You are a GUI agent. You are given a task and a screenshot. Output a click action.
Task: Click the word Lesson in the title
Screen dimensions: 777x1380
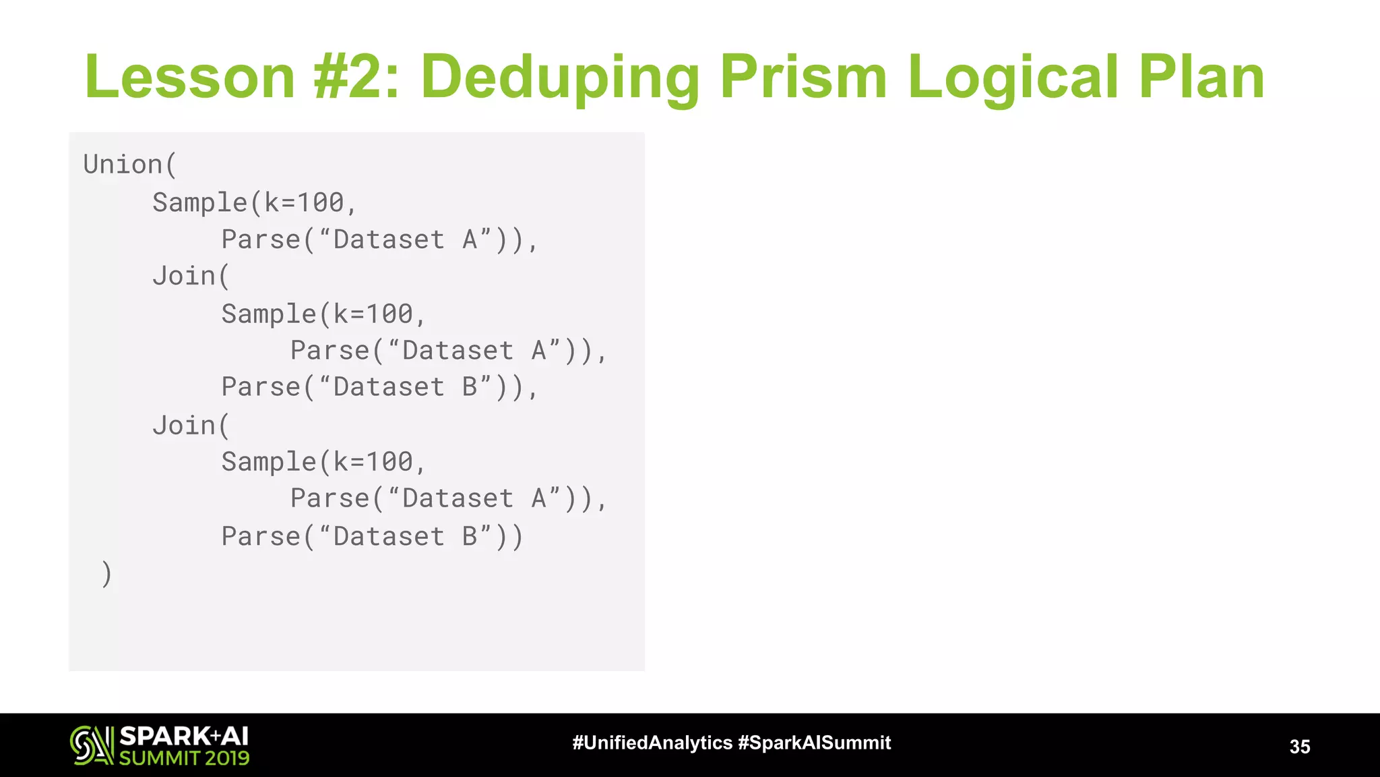tap(190, 77)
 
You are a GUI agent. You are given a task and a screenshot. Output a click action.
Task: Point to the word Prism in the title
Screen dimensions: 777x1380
tap(803, 77)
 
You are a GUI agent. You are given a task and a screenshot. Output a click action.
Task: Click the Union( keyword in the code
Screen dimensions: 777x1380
tap(130, 165)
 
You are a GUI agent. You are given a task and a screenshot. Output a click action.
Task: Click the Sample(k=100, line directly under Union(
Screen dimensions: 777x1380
tap(254, 202)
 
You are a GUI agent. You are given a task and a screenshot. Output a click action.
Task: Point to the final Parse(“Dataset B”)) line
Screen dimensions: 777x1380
tap(372, 537)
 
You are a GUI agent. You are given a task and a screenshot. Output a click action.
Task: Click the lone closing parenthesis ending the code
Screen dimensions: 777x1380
tap(106, 574)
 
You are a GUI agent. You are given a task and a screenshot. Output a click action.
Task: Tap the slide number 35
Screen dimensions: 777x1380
tap(1299, 747)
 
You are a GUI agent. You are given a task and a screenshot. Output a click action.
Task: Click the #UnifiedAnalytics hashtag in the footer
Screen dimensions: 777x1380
tap(652, 743)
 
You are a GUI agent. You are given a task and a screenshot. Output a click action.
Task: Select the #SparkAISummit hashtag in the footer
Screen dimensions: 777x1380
tap(814, 743)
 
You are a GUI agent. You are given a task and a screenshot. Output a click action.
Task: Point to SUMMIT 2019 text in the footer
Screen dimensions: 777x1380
tap(184, 758)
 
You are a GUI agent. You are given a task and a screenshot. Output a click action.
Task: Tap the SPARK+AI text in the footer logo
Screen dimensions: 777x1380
tap(184, 736)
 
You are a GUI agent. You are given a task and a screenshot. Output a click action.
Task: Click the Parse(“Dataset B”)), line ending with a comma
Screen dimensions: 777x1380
tap(379, 387)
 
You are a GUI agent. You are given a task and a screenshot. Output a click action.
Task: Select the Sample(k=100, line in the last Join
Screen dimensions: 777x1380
tap(323, 462)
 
